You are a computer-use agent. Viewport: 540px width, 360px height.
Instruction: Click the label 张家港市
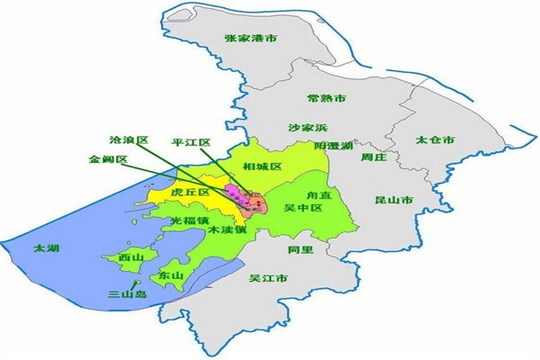click(x=249, y=39)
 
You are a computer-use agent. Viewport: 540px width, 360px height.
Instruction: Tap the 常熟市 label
click(x=327, y=98)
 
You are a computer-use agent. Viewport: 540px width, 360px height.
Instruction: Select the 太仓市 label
click(x=435, y=141)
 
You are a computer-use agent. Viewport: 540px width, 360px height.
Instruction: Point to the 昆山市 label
click(x=393, y=199)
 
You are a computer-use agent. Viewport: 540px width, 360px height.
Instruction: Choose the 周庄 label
click(x=373, y=157)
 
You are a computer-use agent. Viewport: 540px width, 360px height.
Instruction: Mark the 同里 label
click(x=301, y=249)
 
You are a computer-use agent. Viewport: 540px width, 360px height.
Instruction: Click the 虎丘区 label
click(x=190, y=193)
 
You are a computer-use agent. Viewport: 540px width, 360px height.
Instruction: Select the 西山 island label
click(x=130, y=257)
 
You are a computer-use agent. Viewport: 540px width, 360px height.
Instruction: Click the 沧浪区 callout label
click(x=127, y=140)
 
